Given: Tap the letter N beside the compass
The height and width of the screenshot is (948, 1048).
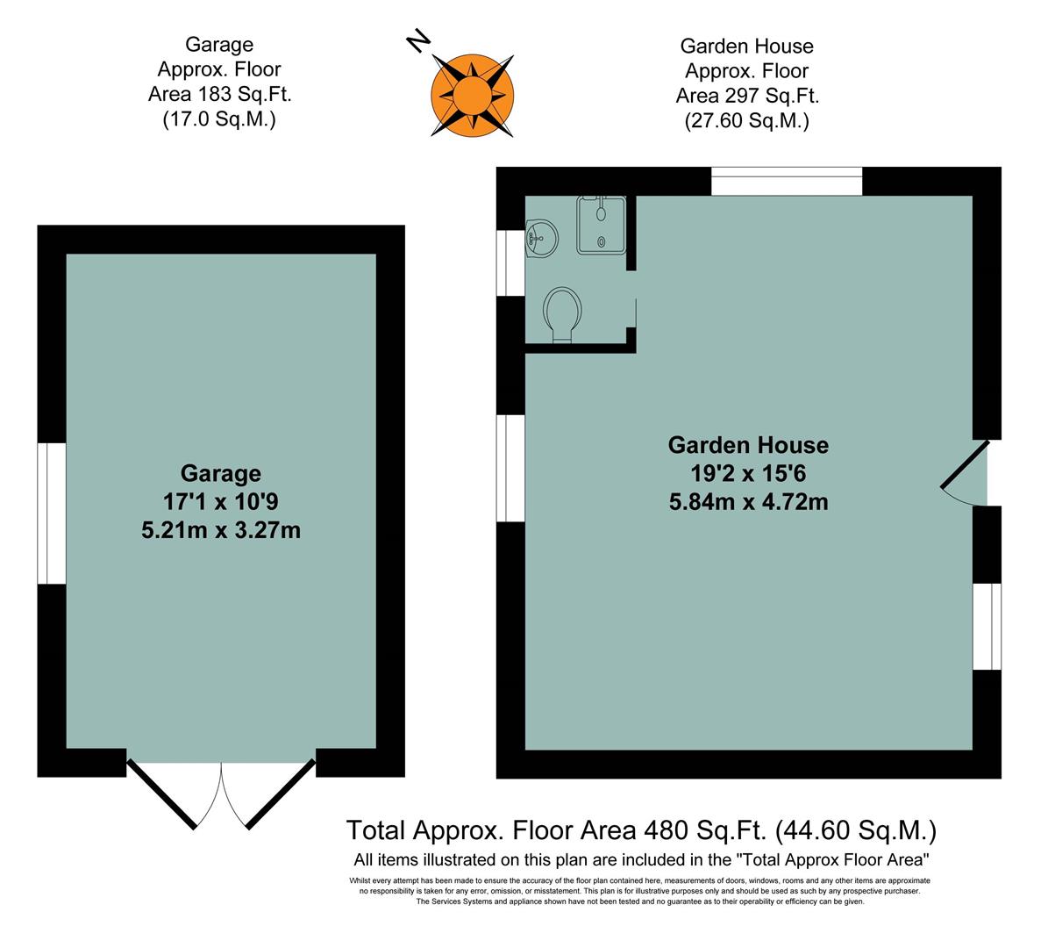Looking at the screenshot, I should [419, 39].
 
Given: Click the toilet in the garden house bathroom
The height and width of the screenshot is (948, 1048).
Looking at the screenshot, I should [562, 313].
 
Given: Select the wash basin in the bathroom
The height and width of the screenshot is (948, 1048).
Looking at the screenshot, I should [540, 236].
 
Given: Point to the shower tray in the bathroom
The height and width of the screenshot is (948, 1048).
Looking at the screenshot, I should [601, 226].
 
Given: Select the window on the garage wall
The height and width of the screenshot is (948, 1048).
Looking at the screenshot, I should [52, 513].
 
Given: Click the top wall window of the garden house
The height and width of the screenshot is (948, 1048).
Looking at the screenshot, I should [787, 182].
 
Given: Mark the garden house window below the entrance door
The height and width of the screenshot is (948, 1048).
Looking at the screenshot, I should [987, 626].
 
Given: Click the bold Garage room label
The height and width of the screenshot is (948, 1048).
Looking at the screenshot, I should [221, 474].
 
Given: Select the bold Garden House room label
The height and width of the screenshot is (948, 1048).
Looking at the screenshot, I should [748, 445].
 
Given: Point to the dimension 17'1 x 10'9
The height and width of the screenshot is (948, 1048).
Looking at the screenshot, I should [221, 502].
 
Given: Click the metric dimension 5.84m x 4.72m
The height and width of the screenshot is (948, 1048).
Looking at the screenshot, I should [748, 502].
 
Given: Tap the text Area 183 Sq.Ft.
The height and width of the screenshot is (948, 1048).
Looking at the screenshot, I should [219, 94].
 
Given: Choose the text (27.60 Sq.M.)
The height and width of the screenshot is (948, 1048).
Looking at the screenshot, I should [746, 121].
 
